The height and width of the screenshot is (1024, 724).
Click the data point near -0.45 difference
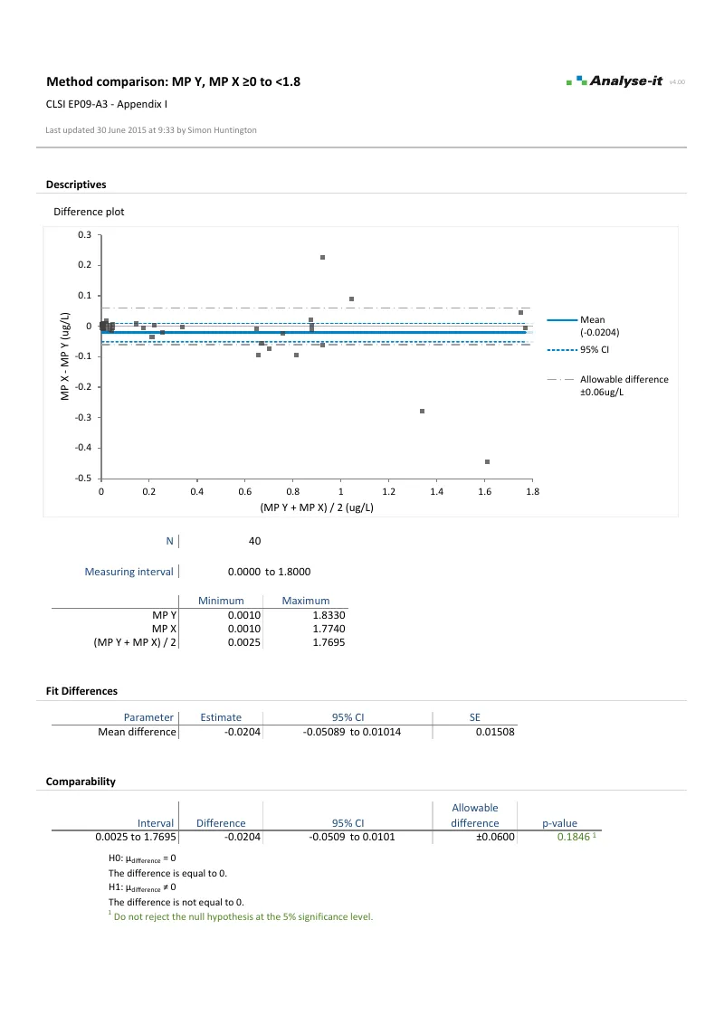(488, 461)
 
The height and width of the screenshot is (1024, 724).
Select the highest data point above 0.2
(322, 258)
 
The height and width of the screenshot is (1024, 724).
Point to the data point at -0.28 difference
(422, 411)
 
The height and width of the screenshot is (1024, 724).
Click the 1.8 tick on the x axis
(532, 492)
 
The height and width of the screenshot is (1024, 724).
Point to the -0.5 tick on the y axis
(84, 478)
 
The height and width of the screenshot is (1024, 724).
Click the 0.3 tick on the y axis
(86, 235)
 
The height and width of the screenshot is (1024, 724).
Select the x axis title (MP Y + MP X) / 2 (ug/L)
(317, 507)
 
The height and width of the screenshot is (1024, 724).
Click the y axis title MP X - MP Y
(65, 356)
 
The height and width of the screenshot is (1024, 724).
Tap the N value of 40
(254, 541)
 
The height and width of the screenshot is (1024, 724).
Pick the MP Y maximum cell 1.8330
(329, 615)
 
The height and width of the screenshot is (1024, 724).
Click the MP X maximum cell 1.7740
(329, 629)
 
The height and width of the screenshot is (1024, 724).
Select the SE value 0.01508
(494, 732)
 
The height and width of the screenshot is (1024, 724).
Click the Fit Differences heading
(81, 691)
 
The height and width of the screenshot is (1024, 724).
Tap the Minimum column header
(222, 601)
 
